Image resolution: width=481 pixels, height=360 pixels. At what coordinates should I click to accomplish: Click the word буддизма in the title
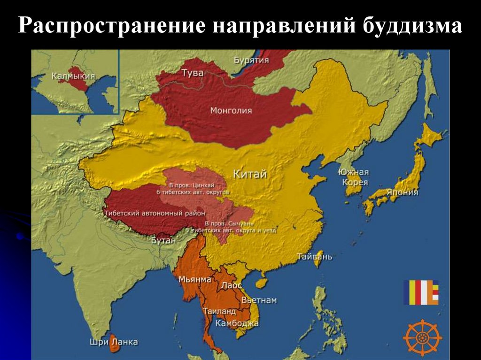412,26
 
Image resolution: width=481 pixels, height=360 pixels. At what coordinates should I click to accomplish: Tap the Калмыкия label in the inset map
73,76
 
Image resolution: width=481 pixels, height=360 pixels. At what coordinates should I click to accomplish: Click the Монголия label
231,111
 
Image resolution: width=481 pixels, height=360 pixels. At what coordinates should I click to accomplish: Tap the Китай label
249,174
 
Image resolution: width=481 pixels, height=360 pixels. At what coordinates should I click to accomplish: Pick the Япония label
402,192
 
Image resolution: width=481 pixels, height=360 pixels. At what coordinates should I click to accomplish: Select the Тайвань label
314,257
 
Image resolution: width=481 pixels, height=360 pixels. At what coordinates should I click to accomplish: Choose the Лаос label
231,285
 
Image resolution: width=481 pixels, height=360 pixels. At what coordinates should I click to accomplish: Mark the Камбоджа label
237,323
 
